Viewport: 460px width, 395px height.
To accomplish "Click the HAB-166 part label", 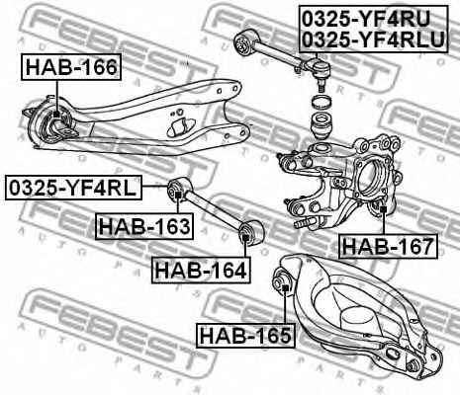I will [x=71, y=68].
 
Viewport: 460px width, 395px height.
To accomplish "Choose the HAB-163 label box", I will [x=143, y=227].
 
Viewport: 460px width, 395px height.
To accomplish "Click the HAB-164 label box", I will [x=199, y=267].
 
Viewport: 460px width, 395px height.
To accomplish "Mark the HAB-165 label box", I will [x=245, y=336].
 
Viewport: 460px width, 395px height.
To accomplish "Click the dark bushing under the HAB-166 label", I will [x=57, y=123].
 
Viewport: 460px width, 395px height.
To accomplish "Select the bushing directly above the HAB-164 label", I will [x=250, y=232].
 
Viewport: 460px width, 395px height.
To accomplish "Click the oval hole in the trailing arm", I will [x=181, y=127].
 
